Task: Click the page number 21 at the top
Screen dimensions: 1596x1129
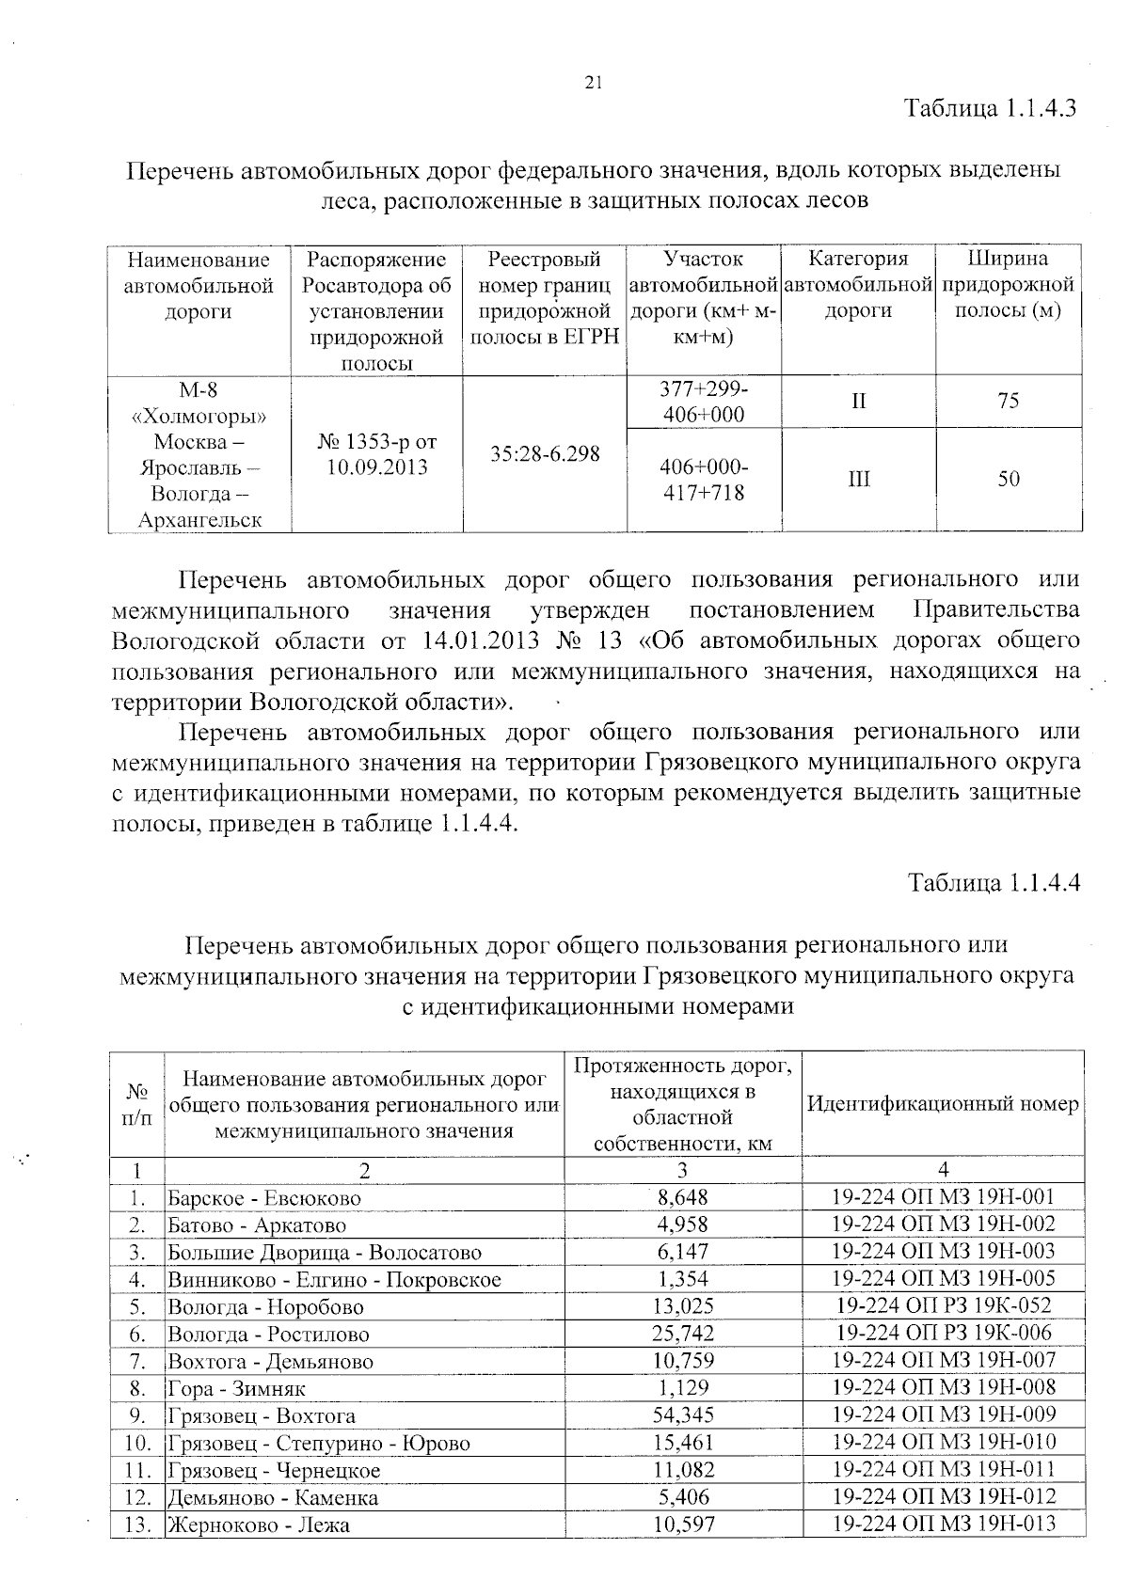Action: [593, 83]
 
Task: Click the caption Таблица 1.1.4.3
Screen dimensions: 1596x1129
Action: [990, 107]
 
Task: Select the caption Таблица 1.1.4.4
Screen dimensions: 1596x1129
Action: [993, 883]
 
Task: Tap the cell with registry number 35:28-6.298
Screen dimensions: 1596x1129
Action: [545, 454]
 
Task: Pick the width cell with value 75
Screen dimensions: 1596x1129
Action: [1008, 402]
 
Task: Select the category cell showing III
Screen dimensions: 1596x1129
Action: [858, 480]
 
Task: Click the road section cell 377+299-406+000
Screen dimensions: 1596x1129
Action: [703, 402]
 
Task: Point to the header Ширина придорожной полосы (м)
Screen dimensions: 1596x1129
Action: [1008, 285]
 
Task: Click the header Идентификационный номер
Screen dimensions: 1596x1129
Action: [943, 1104]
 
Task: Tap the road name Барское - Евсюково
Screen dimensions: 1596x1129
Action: [264, 1199]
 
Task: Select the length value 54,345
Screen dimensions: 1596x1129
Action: [683, 1415]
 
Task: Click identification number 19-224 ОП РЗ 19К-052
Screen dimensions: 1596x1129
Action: [943, 1305]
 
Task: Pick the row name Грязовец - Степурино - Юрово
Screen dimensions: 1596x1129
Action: [319, 1444]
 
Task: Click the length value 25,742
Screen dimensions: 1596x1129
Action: [683, 1334]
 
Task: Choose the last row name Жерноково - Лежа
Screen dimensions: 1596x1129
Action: [259, 1525]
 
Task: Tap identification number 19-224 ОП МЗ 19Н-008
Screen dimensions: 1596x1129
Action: [943, 1387]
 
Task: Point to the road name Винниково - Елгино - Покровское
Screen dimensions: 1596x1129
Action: [334, 1280]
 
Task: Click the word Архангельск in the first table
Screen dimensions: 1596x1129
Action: [199, 520]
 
